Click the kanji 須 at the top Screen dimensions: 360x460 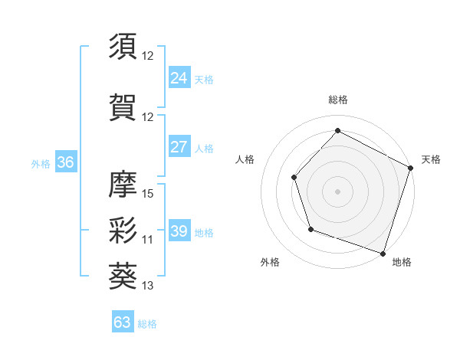(123, 47)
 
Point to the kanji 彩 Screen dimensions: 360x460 (123, 229)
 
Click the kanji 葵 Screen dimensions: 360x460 (123, 275)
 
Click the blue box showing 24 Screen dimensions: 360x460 (179, 77)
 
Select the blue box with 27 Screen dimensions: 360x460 (179, 147)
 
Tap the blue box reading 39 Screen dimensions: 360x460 (179, 232)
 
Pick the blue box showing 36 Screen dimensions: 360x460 (65, 162)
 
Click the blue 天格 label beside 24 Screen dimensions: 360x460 (205, 79)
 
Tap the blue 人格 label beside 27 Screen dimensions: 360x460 (205, 149)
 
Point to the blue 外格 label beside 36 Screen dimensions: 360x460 (41, 164)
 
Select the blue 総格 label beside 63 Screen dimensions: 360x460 (147, 324)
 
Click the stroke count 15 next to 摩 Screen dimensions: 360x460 (149, 193)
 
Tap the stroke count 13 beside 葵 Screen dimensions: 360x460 (149, 286)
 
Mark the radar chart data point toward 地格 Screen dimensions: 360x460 (383, 252)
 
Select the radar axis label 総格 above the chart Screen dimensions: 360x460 (338, 100)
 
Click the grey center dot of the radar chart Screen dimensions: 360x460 (338, 191)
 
